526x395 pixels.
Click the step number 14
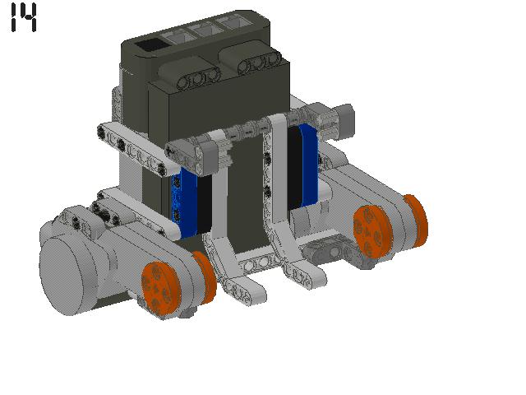point(24,17)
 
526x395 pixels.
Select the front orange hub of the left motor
point(159,289)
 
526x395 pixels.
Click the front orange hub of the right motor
point(372,232)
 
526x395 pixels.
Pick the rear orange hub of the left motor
point(205,277)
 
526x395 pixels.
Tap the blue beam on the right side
point(309,164)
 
